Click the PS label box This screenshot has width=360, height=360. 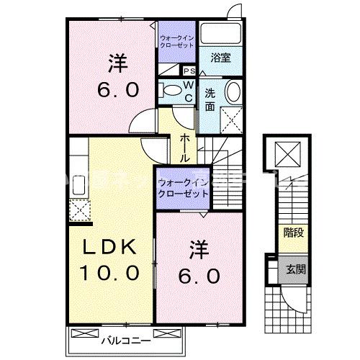(189, 71)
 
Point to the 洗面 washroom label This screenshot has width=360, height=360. (210, 99)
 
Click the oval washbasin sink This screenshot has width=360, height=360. (234, 92)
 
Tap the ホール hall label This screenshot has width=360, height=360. (185, 147)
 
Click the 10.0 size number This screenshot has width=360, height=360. (111, 273)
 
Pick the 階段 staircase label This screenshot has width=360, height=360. (292, 233)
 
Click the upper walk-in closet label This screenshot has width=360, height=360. (176, 40)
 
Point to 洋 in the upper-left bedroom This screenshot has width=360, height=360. (118, 63)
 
